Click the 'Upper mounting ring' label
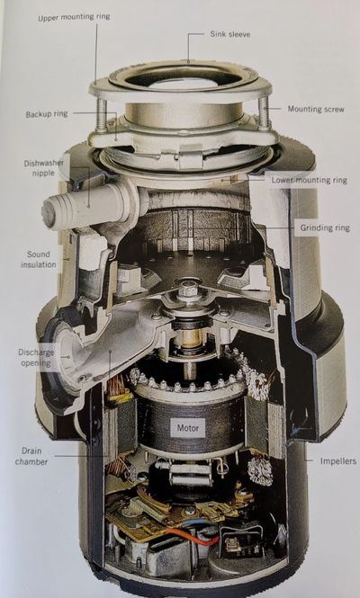click(74, 17)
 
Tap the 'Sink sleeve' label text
click(230, 34)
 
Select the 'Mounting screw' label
click(316, 109)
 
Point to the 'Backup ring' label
click(47, 114)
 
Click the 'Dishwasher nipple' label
click(43, 168)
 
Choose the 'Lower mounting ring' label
click(310, 180)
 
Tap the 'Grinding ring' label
click(325, 228)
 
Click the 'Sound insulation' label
click(38, 259)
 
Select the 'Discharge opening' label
click(36, 357)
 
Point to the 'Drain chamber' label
click(31, 456)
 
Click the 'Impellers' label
click(338, 461)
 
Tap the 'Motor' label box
click(188, 428)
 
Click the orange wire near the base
click(192, 536)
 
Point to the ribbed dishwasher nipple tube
click(88, 206)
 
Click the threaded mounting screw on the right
click(265, 113)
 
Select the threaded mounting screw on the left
click(102, 115)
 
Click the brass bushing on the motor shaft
click(190, 338)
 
